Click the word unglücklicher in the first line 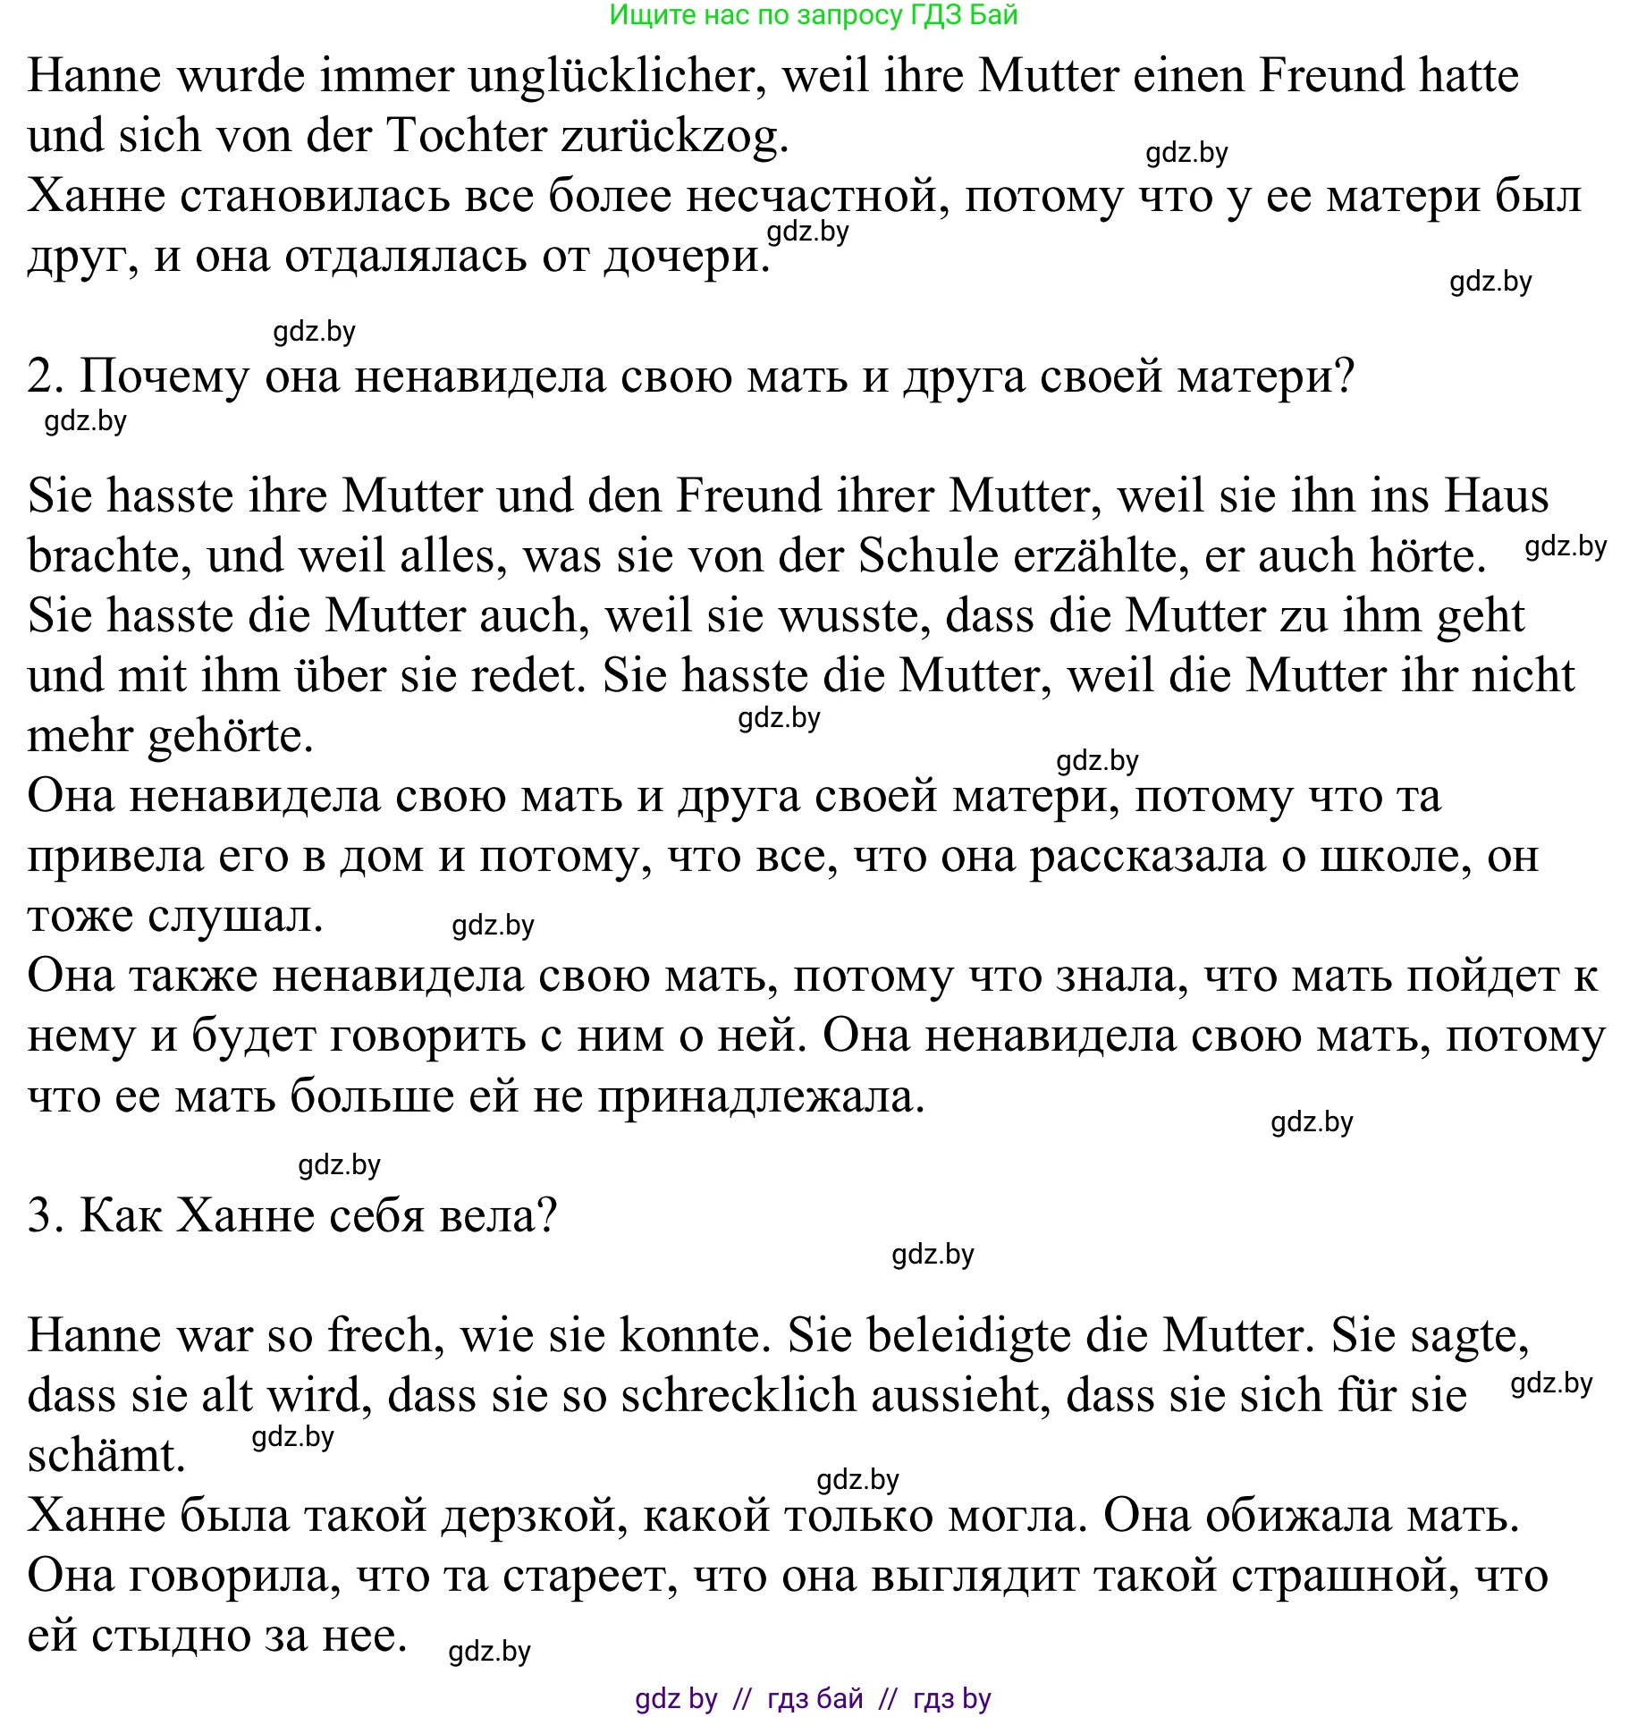pyautogui.click(x=618, y=77)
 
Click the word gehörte pyautogui.click(x=230, y=737)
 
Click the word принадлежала pyautogui.click(x=761, y=1097)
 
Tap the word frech pyautogui.click(x=380, y=1336)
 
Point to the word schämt pyautogui.click(x=106, y=1456)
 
